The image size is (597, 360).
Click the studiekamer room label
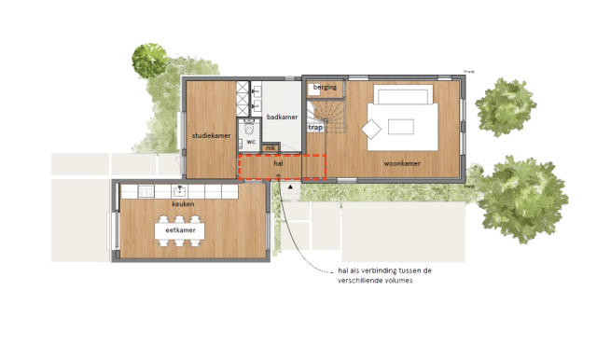pyautogui.click(x=211, y=136)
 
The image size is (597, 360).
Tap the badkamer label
pyautogui.click(x=282, y=118)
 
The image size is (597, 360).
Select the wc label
pyautogui.click(x=251, y=142)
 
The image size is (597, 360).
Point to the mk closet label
pyautogui.click(x=271, y=147)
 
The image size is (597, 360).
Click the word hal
pyautogui.click(x=278, y=163)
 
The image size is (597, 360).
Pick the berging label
pyautogui.click(x=325, y=88)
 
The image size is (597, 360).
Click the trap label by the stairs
pyautogui.click(x=315, y=128)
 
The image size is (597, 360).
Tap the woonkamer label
pyautogui.click(x=401, y=163)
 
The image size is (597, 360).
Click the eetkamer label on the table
pyautogui.click(x=180, y=229)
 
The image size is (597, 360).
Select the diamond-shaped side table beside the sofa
pyautogui.click(x=372, y=130)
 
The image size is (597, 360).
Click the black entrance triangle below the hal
pyautogui.click(x=292, y=187)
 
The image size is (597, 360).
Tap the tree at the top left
pyautogui.click(x=150, y=61)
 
